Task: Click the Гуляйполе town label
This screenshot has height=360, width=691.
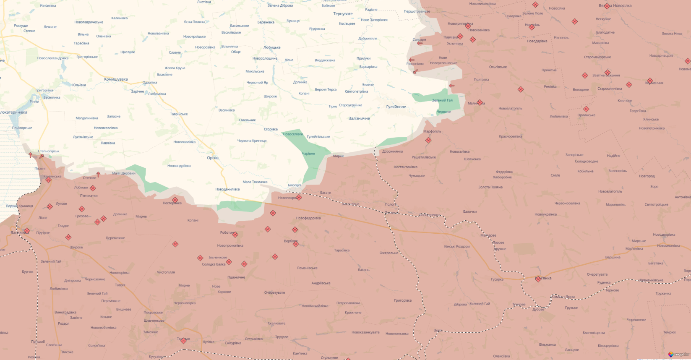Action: (x=396, y=107)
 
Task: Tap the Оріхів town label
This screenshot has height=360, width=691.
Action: (x=213, y=158)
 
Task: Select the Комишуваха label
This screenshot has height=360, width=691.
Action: (x=116, y=79)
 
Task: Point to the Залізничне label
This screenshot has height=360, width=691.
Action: (x=359, y=119)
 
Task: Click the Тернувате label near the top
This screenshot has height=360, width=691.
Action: (x=343, y=14)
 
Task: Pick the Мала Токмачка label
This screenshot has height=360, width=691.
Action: (x=255, y=182)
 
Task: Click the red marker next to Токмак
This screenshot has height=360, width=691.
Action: (x=183, y=341)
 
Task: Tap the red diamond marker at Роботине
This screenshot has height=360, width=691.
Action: (x=235, y=235)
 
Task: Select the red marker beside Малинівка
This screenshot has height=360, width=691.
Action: (x=480, y=102)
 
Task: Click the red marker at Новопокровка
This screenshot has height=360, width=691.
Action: (x=299, y=197)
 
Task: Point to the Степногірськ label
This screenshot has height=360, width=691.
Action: (x=49, y=151)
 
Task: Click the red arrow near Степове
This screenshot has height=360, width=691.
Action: (x=98, y=174)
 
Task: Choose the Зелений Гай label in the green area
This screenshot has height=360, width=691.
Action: (x=442, y=100)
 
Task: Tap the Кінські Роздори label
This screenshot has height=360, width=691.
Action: (x=457, y=247)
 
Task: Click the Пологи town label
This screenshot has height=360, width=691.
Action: (x=390, y=205)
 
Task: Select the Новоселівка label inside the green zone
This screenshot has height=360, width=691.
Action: (x=293, y=134)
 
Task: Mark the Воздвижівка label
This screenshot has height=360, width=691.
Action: (x=325, y=60)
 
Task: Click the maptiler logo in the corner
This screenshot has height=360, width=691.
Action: (x=678, y=355)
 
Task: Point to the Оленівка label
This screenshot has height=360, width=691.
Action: (x=104, y=37)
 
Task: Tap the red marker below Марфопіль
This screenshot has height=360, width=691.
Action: (x=428, y=140)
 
